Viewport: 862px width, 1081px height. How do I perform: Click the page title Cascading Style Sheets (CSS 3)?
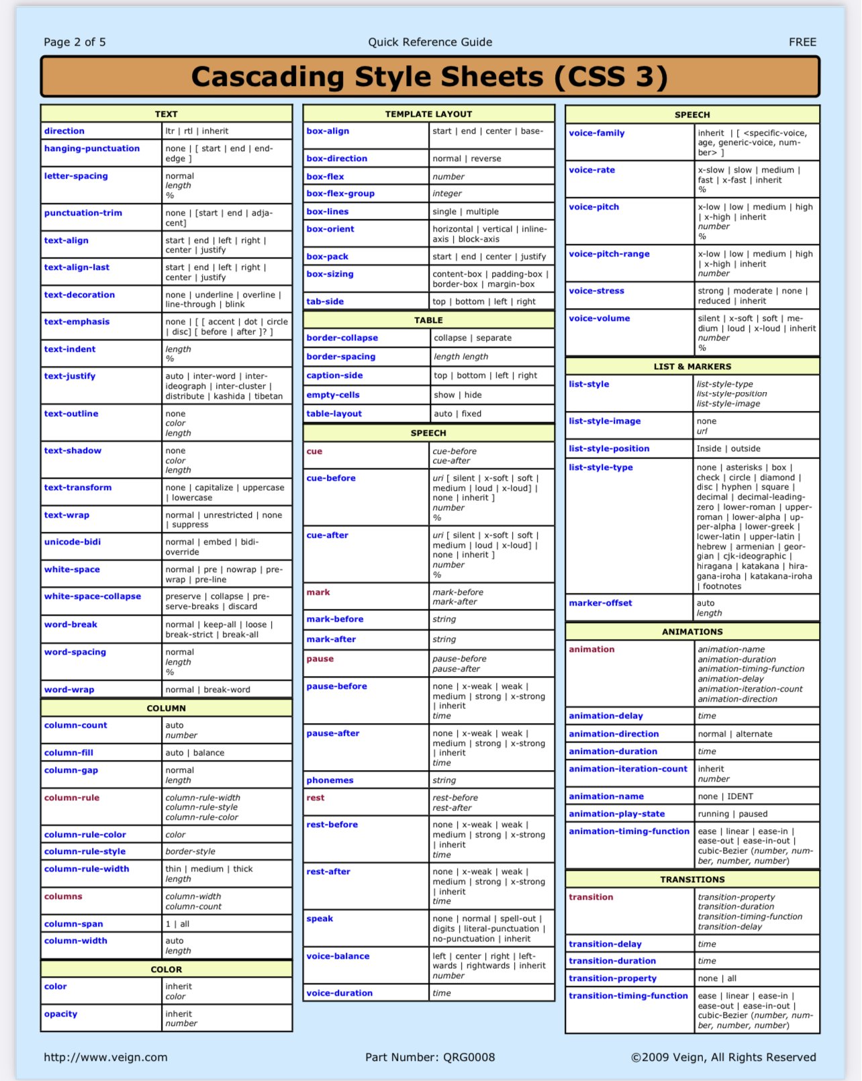(x=430, y=77)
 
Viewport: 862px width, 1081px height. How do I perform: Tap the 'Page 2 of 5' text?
(x=75, y=42)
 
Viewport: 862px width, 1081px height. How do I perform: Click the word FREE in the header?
(x=802, y=42)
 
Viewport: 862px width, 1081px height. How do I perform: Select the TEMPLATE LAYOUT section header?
(x=428, y=114)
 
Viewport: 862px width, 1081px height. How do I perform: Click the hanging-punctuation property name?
(x=92, y=148)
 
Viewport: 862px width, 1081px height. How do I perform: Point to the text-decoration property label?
(x=79, y=295)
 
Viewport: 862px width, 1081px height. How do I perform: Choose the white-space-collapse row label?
(x=93, y=596)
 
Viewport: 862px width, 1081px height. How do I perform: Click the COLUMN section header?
(x=166, y=708)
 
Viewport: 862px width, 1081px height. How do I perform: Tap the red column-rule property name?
(x=72, y=798)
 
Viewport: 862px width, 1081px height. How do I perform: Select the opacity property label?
(x=60, y=1014)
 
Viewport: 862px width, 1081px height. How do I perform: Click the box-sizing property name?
(x=330, y=274)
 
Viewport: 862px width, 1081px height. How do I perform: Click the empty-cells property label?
(x=333, y=395)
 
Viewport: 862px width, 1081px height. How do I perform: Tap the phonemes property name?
(x=330, y=780)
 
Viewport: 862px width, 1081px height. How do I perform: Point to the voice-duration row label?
(x=339, y=993)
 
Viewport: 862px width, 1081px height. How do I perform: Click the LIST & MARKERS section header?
(x=692, y=367)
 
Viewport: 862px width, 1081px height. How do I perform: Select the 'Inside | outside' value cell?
(x=728, y=449)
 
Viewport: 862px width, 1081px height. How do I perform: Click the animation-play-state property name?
(x=616, y=814)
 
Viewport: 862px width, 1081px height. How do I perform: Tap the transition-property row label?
(x=612, y=978)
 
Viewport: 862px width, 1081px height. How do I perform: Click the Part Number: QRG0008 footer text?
(x=430, y=1057)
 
